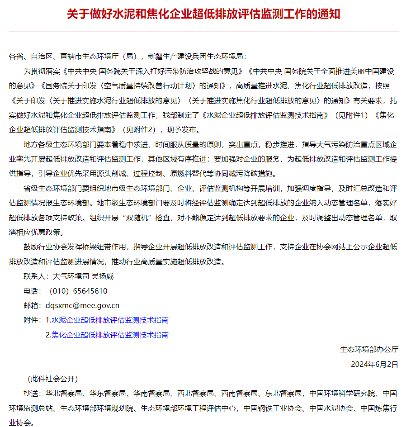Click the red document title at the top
click(203, 14)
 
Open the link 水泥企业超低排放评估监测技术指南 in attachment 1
click(110, 320)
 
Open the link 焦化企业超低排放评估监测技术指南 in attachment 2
click(110, 335)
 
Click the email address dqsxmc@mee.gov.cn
click(82, 305)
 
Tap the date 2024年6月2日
click(374, 364)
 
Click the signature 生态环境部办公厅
click(369, 350)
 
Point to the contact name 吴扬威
click(103, 276)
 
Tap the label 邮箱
click(31, 305)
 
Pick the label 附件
click(31, 320)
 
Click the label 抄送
click(31, 394)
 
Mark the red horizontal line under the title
click(203, 32)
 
